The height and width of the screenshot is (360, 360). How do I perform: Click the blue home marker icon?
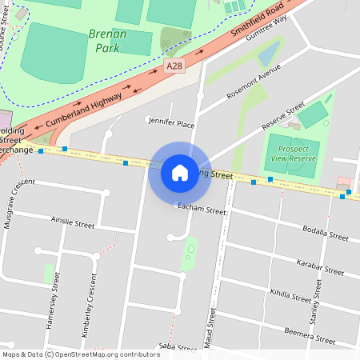[x=180, y=172]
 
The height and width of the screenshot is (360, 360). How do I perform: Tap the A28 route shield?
[x=174, y=65]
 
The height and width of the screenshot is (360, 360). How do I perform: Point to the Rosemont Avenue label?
[x=255, y=82]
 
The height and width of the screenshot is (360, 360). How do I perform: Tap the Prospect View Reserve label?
[x=292, y=154]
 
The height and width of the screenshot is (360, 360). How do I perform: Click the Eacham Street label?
[x=204, y=209]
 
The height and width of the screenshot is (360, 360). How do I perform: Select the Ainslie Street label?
[x=73, y=220]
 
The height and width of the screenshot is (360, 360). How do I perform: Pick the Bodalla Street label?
[x=326, y=233]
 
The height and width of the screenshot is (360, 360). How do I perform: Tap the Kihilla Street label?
[x=290, y=297]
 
